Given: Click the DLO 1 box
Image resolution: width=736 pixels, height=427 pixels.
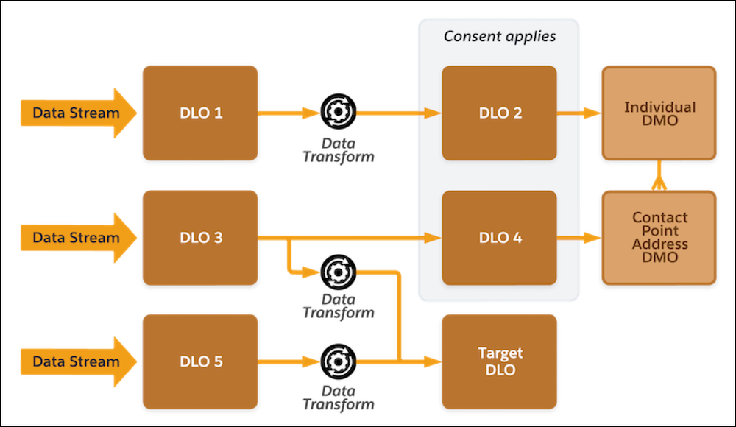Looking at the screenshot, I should (200, 113).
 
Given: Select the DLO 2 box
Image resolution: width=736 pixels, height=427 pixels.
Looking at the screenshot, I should (499, 113).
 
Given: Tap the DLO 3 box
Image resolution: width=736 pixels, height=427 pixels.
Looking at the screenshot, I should (200, 237).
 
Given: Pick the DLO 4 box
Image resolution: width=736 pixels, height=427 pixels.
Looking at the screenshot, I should (499, 237).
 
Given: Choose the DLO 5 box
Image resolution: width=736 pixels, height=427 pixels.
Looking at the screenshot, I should (200, 361).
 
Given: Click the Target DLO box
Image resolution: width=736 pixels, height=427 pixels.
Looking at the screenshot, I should (499, 361).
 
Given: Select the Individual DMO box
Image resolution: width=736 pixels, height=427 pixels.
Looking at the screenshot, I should (659, 113).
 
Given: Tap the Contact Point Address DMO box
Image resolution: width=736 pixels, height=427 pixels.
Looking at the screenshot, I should (659, 237).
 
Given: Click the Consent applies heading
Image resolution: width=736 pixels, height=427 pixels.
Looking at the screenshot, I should (500, 36).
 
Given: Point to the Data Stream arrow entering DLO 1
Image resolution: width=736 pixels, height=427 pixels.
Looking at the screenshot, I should (77, 113).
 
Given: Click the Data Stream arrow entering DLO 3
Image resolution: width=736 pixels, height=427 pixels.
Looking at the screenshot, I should (77, 237).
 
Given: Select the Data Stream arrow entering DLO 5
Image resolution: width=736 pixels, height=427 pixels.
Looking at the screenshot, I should (77, 361).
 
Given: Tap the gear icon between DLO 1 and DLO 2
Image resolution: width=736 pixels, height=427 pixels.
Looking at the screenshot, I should (339, 113).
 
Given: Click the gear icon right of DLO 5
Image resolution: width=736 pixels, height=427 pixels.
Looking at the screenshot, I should (339, 361).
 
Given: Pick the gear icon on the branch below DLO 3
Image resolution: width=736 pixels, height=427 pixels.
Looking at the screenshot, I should (339, 272).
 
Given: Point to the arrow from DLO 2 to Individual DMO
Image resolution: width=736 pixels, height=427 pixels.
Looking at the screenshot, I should (578, 113).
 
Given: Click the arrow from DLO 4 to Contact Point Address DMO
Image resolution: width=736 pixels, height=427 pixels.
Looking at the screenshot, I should (578, 237).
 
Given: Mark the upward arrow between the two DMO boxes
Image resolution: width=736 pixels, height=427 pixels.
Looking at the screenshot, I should (659, 175).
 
